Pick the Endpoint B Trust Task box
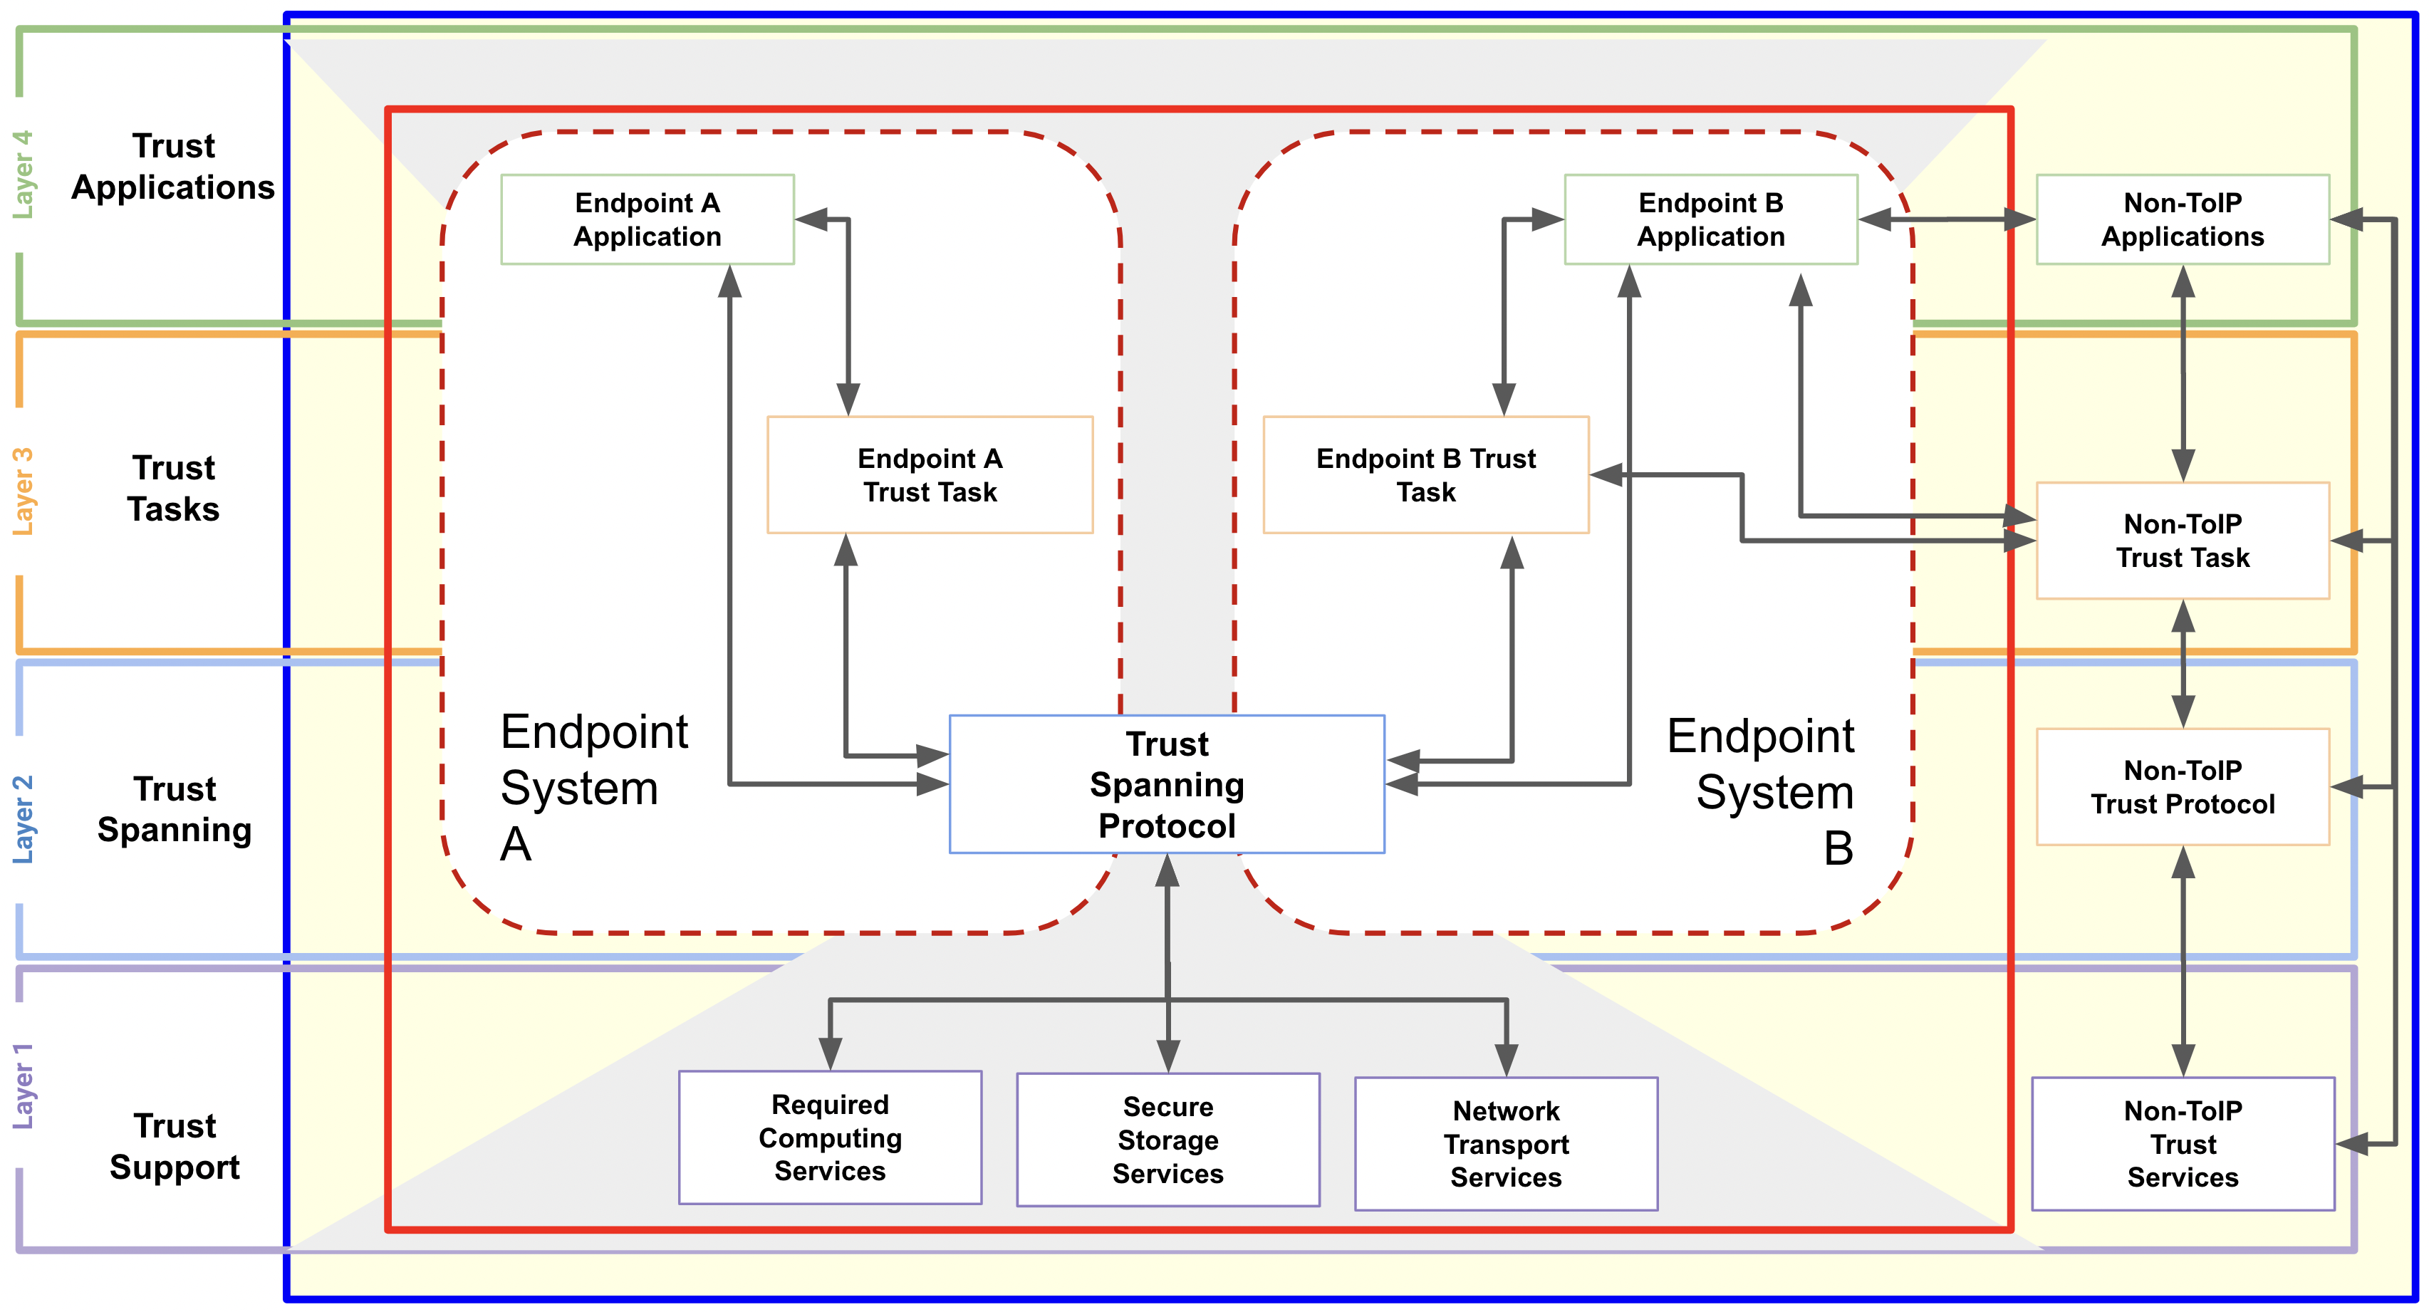[x=1426, y=474]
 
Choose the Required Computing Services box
[x=830, y=1137]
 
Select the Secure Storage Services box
[x=1167, y=1140]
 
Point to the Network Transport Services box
[x=1506, y=1143]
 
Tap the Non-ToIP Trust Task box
[x=2182, y=541]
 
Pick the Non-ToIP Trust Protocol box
[x=2182, y=786]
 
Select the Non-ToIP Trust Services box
[x=2182, y=1143]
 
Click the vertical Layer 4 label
[x=21, y=175]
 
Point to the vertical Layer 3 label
[x=21, y=491]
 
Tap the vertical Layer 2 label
[x=21, y=818]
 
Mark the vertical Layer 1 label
[x=21, y=1085]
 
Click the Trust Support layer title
[x=175, y=1146]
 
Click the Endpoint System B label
[x=1760, y=791]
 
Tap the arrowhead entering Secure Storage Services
[x=1167, y=1056]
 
